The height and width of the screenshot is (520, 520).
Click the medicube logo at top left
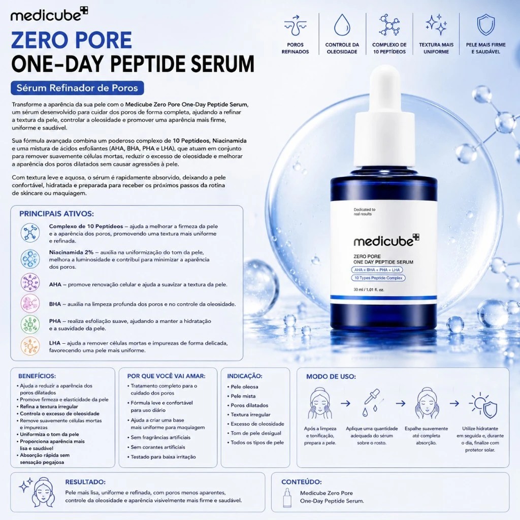click(x=49, y=15)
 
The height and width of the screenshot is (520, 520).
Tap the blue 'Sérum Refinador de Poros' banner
click(x=77, y=88)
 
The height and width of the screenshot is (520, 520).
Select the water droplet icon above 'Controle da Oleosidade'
click(x=342, y=24)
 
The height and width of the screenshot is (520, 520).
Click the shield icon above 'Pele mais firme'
click(x=485, y=24)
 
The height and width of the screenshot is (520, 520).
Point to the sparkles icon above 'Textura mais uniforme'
click(x=436, y=24)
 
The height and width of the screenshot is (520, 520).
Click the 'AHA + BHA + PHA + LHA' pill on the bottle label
click(x=377, y=270)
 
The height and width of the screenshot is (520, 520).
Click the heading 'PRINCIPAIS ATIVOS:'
click(x=56, y=214)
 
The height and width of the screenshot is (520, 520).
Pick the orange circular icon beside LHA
click(x=30, y=346)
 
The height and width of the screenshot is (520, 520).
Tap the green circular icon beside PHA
click(x=30, y=324)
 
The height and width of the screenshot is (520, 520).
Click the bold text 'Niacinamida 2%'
click(x=71, y=252)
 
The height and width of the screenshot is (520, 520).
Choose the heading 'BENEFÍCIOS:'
click(x=37, y=376)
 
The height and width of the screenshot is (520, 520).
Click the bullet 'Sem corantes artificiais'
click(x=158, y=447)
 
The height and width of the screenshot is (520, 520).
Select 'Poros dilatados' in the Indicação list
click(x=249, y=405)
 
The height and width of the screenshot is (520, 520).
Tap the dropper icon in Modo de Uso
click(x=371, y=402)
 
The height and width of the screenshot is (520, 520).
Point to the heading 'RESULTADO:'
click(x=85, y=482)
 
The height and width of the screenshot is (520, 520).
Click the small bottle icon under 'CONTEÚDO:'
click(x=287, y=498)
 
